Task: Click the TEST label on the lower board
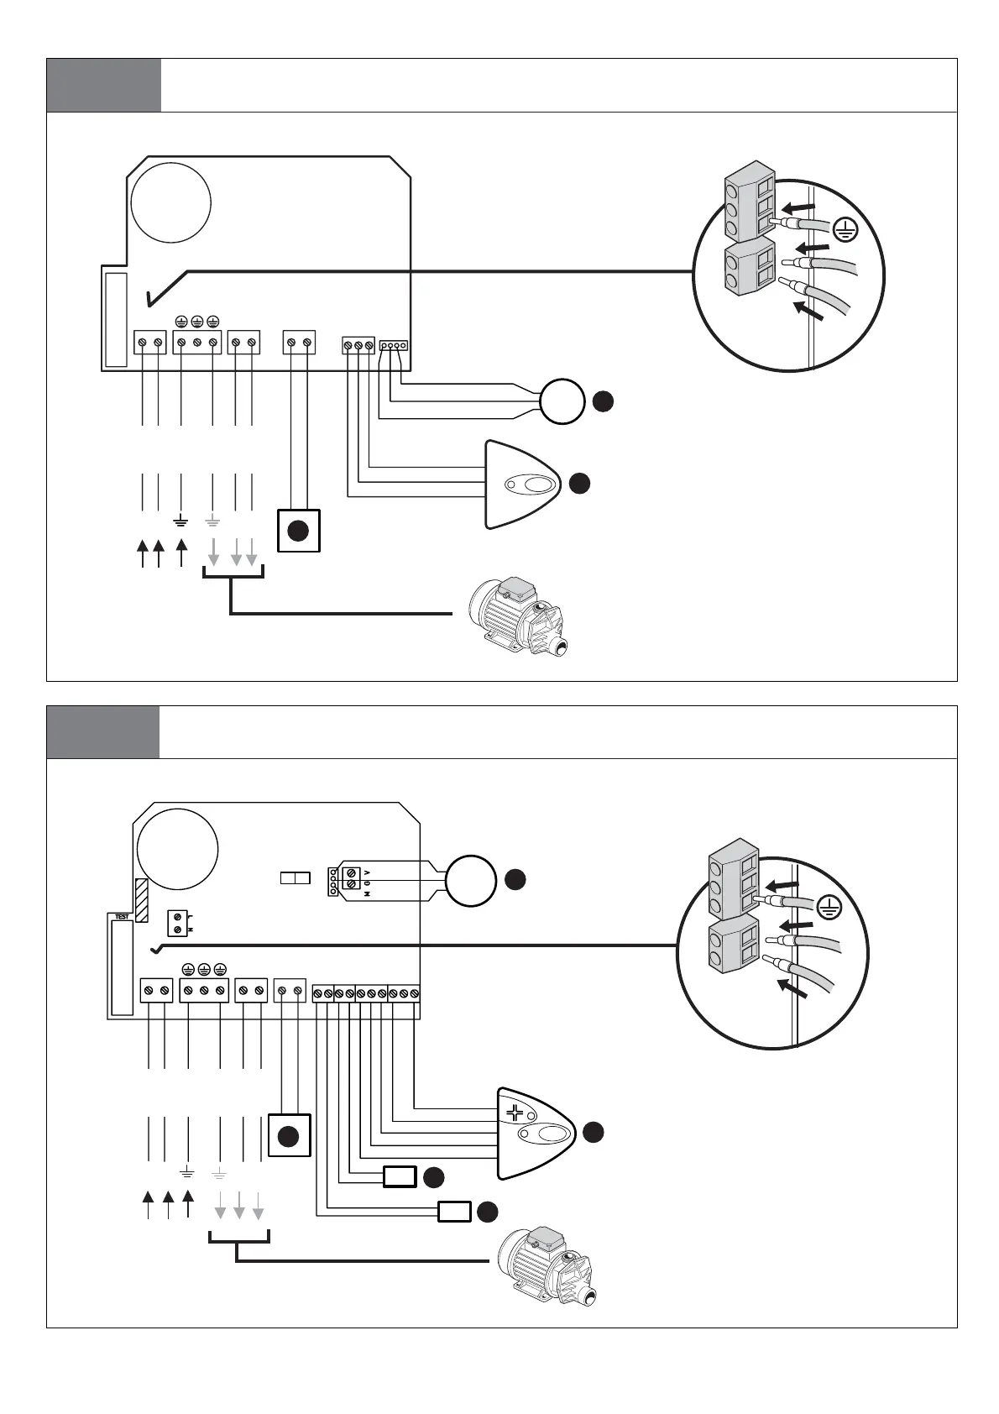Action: pos(122,917)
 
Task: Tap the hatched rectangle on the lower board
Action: pos(142,900)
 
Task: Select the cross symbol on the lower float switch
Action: pos(515,1113)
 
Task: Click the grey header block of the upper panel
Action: pos(103,86)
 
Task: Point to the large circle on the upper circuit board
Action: pos(170,202)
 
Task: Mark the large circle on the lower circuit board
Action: pos(177,849)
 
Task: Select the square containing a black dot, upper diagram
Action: pos(299,531)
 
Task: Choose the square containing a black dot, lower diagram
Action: pos(289,1136)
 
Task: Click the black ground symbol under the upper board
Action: pos(181,521)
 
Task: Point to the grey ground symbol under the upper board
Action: pos(212,521)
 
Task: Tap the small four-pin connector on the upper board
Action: pos(394,345)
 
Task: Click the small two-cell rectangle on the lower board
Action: pos(295,878)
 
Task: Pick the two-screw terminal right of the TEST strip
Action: pos(176,924)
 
